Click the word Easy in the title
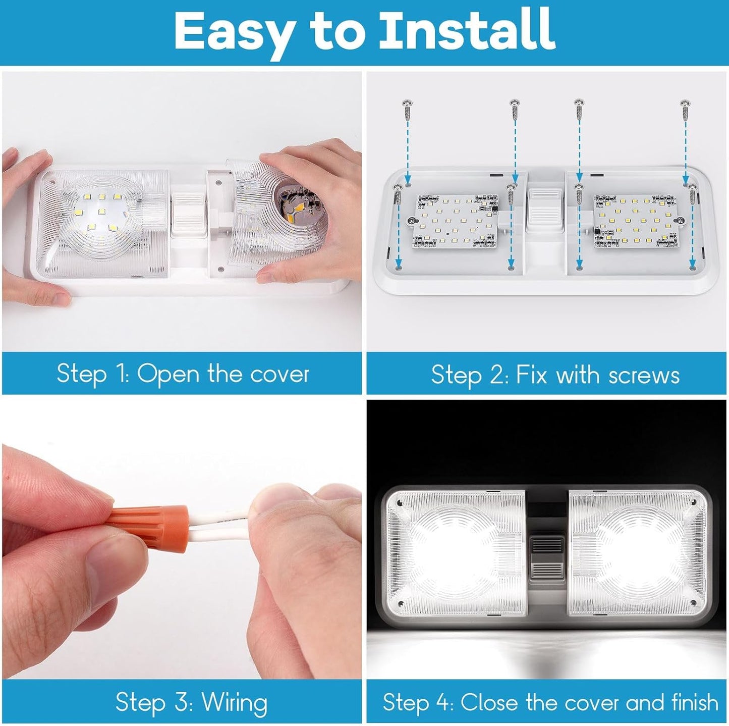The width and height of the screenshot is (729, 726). tap(234, 31)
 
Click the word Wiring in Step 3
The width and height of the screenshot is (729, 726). tap(235, 702)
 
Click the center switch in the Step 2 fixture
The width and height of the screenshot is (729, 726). tap(545, 209)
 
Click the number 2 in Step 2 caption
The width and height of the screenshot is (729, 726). tap(497, 375)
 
